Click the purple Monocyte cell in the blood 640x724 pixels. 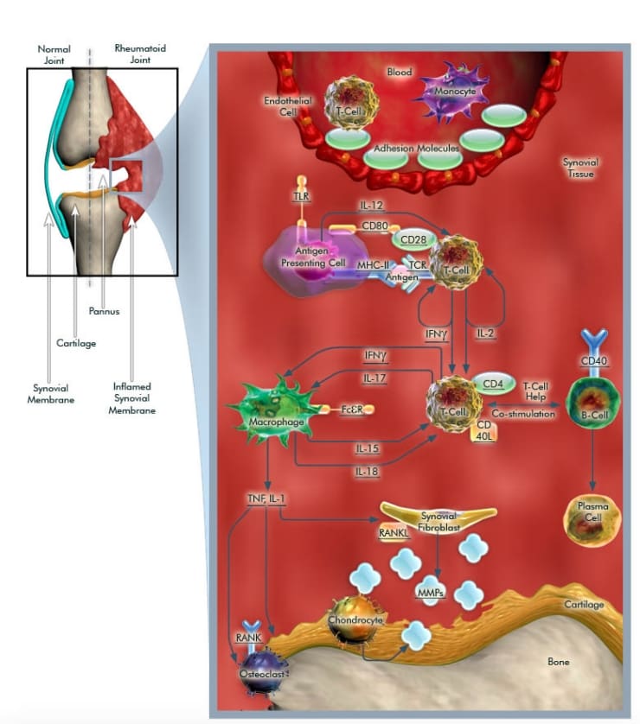[453, 92]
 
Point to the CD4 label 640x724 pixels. [492, 383]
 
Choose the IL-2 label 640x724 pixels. [486, 332]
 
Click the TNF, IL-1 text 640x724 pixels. [269, 499]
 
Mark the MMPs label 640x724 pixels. [431, 593]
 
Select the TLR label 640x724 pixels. [300, 197]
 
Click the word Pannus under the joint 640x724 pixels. [104, 311]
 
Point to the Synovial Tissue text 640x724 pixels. [579, 168]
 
